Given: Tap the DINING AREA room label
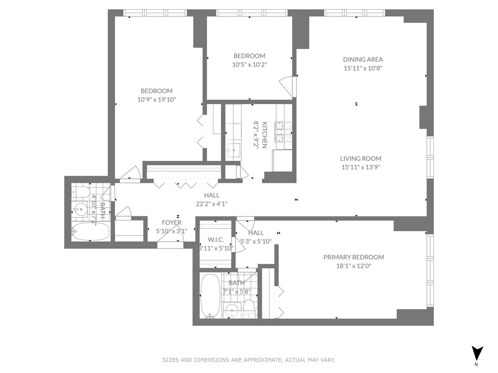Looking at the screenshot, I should (x=363, y=59).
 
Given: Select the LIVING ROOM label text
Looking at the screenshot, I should (x=360, y=158).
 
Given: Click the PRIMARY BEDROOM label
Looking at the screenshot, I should (x=353, y=257).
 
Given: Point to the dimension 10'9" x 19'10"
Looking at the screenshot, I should (x=157, y=99).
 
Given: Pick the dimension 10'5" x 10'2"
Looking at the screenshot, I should (x=250, y=64).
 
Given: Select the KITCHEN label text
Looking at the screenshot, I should (x=264, y=135).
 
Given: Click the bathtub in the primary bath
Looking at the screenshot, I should (x=210, y=295).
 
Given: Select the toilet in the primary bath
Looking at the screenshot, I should (x=249, y=308).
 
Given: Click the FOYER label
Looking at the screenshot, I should (x=171, y=222).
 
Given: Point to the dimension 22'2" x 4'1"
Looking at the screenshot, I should (x=212, y=204).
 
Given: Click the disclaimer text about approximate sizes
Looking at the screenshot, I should (x=249, y=360).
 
